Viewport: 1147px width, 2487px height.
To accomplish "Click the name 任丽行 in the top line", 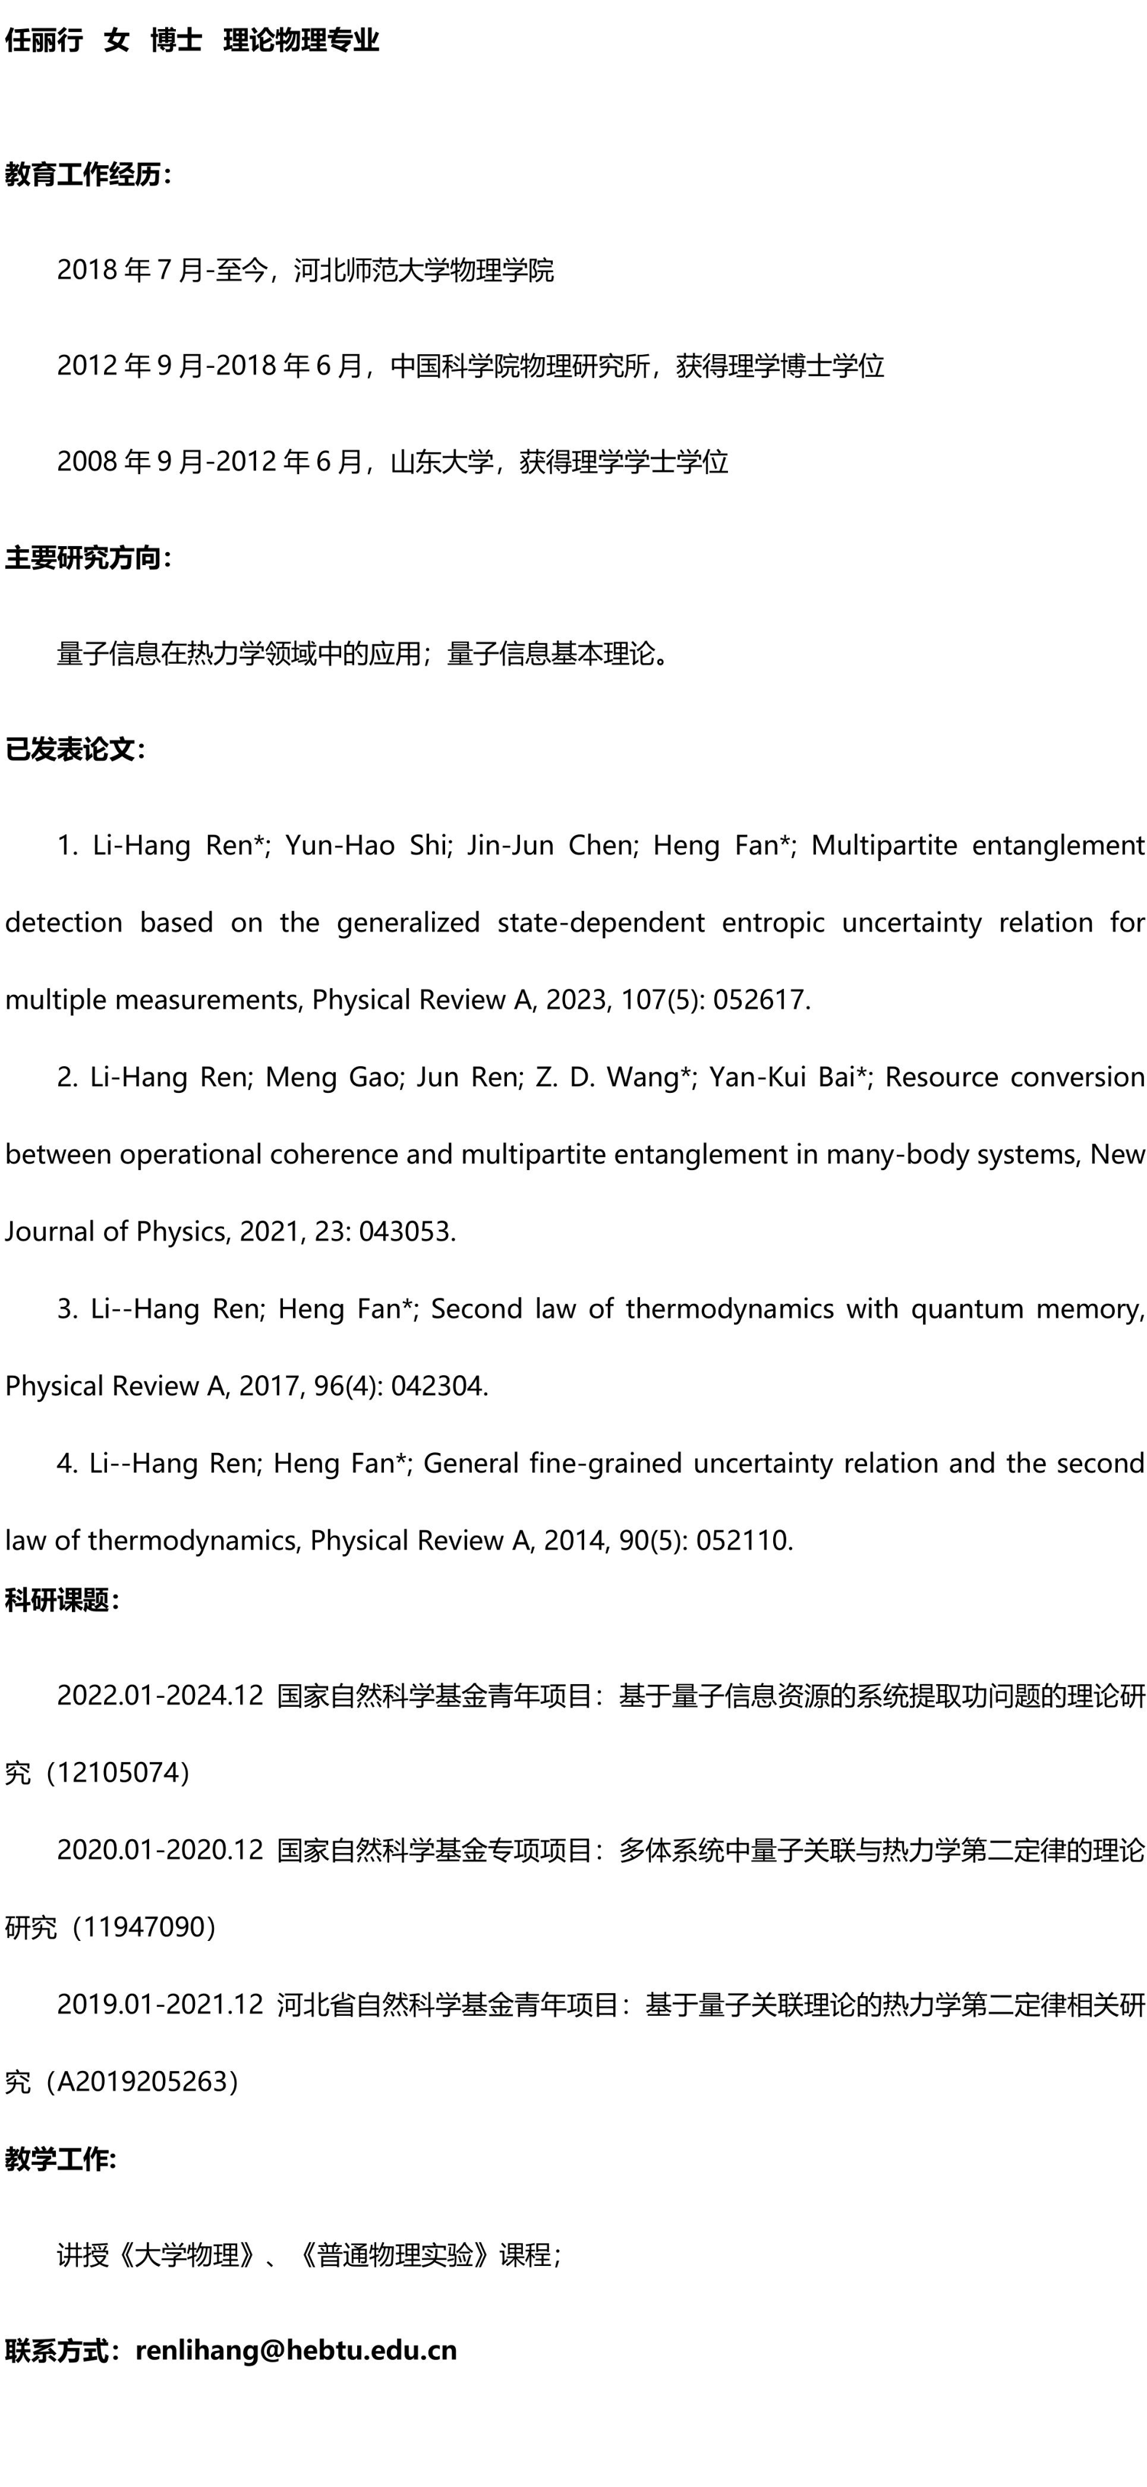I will pyautogui.click(x=44, y=41).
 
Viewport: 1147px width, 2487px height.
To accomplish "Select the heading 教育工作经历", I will pyautogui.click(x=85, y=174).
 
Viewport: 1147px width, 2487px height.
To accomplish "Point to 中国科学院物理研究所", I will pyautogui.click(x=521, y=366).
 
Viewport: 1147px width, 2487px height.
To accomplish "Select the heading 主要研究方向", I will pyautogui.click(x=85, y=558).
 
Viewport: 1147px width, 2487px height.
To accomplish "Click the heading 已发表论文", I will pyautogui.click(x=73, y=749).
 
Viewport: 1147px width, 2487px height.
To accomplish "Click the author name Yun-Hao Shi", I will pyautogui.click(x=366, y=845).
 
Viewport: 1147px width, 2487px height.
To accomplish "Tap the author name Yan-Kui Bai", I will pyautogui.click(x=787, y=1077).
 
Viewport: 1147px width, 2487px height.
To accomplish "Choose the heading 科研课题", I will pyautogui.click(x=60, y=1600).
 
